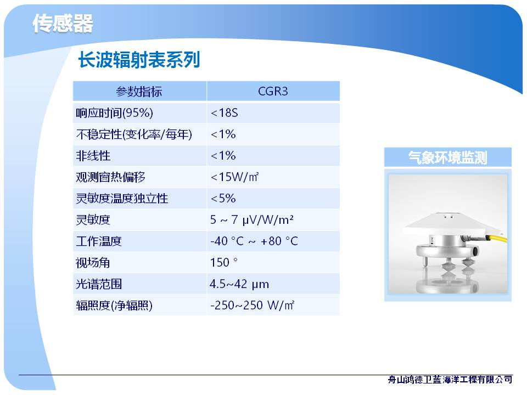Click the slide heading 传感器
(63, 24)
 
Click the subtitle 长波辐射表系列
(139, 60)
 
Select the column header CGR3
(273, 92)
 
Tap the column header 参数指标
(139, 92)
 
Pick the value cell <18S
(224, 113)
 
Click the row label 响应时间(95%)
(114, 113)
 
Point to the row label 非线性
(93, 156)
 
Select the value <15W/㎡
(234, 177)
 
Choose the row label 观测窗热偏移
(110, 177)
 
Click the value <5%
(223, 199)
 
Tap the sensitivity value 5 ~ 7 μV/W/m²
(252, 220)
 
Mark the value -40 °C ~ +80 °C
(254, 241)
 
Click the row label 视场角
(93, 263)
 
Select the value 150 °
(224, 262)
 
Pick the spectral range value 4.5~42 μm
(239, 284)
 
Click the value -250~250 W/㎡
(252, 306)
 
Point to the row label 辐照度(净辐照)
(114, 306)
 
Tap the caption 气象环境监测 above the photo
(448, 157)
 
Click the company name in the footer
(450, 380)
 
